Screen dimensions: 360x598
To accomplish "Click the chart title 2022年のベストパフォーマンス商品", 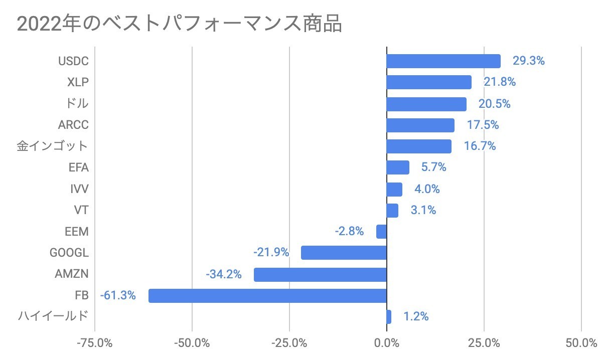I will [180, 24].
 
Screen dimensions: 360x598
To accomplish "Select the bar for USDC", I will [443, 61].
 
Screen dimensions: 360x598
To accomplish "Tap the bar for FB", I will [267, 295].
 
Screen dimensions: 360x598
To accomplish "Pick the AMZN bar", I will [320, 275].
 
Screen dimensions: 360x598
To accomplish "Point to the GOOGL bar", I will [344, 253].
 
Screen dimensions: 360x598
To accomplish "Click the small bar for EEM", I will [381, 232].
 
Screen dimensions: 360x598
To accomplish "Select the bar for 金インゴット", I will [419, 146].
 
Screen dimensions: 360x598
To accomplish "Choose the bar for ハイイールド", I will [389, 317].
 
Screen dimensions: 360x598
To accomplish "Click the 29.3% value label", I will [528, 61].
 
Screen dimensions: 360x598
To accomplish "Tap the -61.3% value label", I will [118, 295].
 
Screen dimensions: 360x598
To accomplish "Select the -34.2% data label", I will [224, 275].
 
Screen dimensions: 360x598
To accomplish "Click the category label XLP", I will [77, 82].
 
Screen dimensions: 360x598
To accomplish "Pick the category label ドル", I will [77, 104].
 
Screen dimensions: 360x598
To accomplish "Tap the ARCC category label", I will [73, 125].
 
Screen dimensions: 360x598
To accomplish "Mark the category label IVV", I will [79, 189].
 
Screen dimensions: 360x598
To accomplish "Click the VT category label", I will [81, 210].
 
